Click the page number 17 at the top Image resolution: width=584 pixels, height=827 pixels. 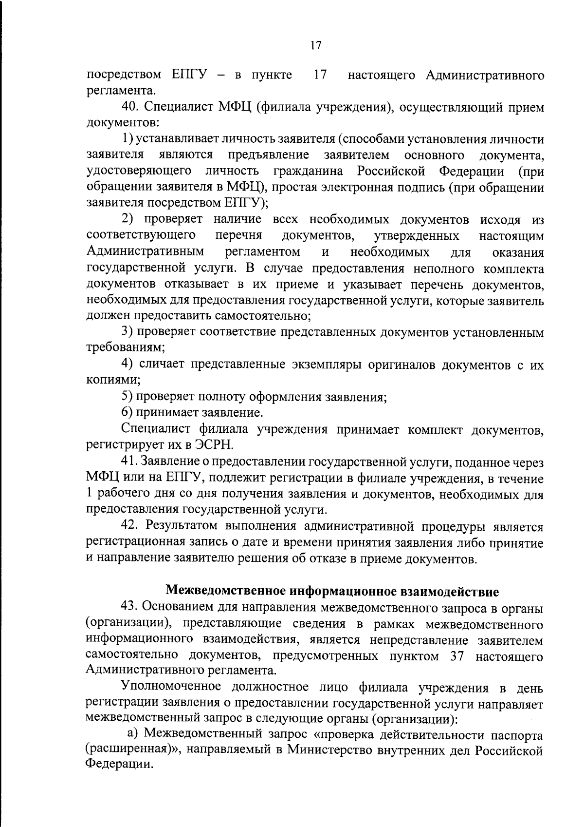[315, 45]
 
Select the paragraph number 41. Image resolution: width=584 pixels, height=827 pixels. [130, 462]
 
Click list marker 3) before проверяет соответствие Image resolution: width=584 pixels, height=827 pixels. [127, 332]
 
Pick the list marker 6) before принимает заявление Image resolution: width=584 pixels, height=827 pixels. [127, 413]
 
